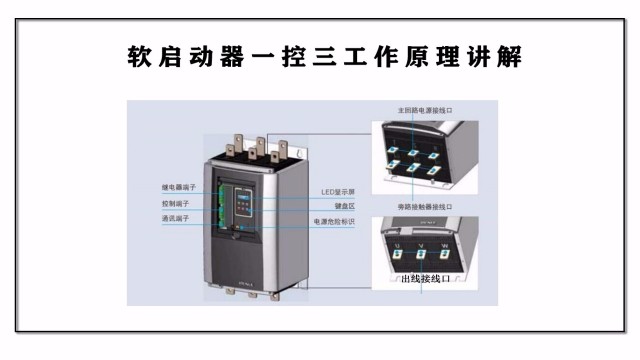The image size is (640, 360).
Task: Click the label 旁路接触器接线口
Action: click(x=418, y=206)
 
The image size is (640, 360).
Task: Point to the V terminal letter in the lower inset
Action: click(x=421, y=244)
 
